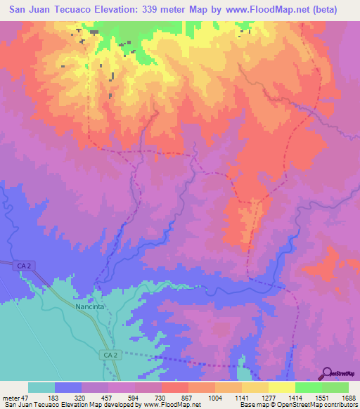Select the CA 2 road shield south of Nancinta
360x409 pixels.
click(x=106, y=356)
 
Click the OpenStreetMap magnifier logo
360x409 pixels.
click(x=328, y=373)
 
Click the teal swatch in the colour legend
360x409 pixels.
click(x=41, y=387)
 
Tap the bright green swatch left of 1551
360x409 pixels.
click(x=309, y=387)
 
